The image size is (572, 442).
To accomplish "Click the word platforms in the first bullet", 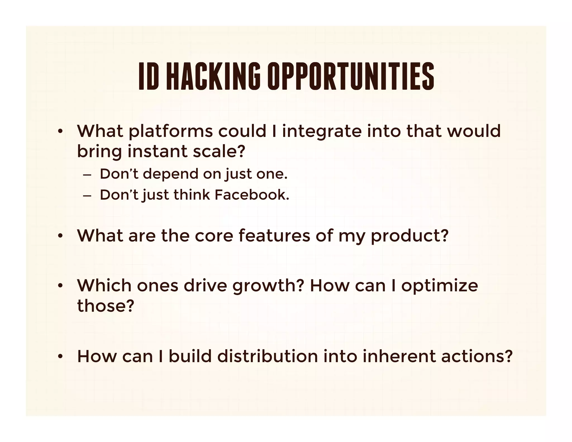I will [x=170, y=131].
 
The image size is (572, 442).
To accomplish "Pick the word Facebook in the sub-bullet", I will [x=252, y=195].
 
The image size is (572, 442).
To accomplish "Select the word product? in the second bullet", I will [x=409, y=236].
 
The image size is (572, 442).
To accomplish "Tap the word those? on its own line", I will [x=106, y=306].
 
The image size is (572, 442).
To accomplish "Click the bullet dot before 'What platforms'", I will [x=60, y=132].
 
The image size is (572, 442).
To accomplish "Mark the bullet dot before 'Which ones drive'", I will [x=60, y=286].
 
